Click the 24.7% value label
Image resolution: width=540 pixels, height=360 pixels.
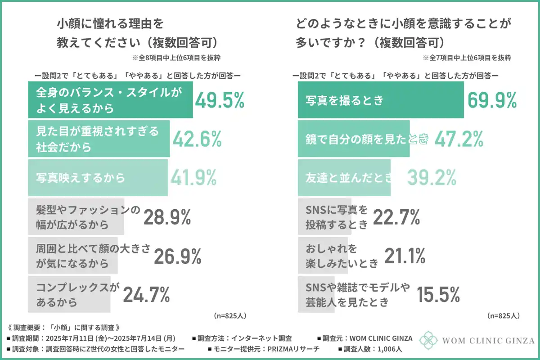click(x=146, y=295)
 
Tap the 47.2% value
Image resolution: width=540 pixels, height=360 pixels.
click(x=459, y=139)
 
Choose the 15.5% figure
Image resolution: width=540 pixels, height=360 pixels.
click(x=438, y=295)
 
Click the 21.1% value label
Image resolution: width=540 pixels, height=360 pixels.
click(x=405, y=256)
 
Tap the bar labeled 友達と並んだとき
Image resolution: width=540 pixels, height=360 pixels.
click(x=345, y=178)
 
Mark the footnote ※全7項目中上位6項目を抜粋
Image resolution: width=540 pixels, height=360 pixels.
click(x=467, y=58)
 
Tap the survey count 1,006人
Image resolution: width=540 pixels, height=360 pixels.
click(x=391, y=349)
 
